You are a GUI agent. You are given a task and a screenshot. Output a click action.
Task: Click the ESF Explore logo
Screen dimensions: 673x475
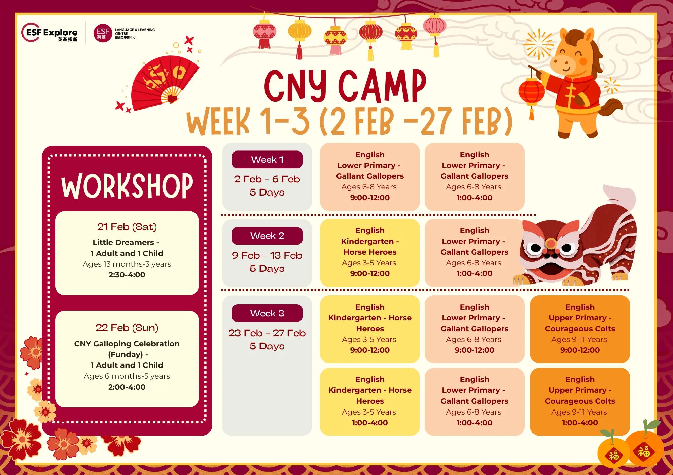pos(49,33)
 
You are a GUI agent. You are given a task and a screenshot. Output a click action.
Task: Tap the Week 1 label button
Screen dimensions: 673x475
pos(267,160)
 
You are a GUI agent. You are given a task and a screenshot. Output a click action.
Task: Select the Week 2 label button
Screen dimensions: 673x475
pos(267,236)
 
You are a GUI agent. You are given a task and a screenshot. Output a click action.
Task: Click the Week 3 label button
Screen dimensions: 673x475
pos(267,313)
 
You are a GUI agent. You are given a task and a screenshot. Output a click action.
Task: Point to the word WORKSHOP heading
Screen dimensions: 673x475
pos(127,186)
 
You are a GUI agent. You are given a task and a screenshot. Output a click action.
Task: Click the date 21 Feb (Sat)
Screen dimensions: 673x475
pos(127,227)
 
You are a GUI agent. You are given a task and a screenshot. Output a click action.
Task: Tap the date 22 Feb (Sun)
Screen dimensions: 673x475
pos(127,328)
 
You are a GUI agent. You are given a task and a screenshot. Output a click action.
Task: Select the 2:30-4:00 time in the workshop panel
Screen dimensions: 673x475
pos(127,275)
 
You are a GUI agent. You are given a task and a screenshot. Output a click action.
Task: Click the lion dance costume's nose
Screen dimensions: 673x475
pos(551,243)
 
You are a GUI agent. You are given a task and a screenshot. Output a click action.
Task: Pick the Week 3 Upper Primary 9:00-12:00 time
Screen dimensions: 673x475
pos(580,350)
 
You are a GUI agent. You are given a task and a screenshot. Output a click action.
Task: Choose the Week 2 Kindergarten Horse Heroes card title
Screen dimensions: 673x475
pos(370,241)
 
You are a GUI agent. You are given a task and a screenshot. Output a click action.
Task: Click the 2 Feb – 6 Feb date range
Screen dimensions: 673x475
pos(267,179)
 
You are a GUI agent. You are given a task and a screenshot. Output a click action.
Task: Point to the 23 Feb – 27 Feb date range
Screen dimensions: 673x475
pos(267,333)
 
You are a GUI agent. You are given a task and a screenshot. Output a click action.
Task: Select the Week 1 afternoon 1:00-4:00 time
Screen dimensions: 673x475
pos(474,198)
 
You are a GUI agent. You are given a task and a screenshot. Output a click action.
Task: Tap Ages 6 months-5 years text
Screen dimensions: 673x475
pos(127,376)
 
